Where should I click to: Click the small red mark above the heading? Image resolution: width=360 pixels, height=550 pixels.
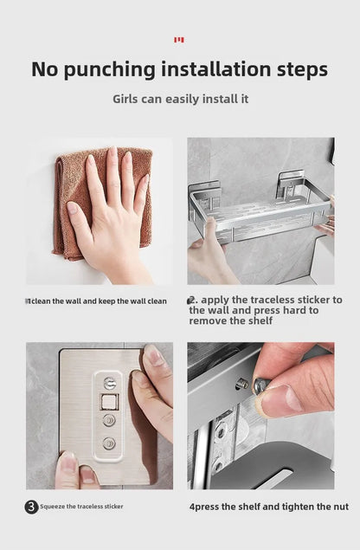point(179,40)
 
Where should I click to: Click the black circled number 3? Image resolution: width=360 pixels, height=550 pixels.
point(32,507)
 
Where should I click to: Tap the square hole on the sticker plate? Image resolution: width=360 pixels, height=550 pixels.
point(109,401)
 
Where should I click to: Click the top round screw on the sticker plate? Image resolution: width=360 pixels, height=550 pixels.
point(109,382)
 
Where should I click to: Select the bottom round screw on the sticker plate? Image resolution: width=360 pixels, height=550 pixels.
point(109,443)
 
